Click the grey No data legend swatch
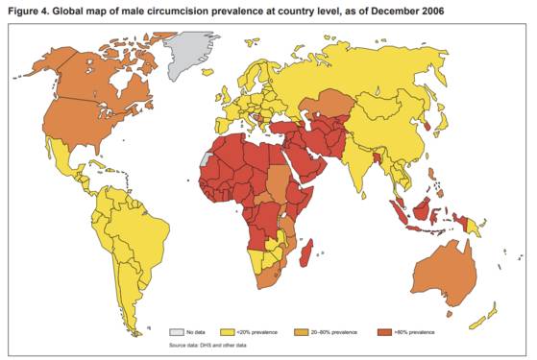(x=178, y=331)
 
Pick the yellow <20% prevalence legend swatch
(x=229, y=331)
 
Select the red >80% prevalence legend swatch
(x=385, y=331)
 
